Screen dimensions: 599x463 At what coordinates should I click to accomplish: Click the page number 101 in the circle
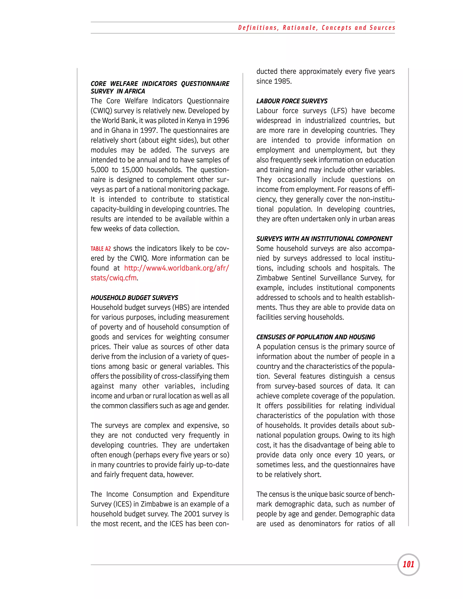(x=408, y=564)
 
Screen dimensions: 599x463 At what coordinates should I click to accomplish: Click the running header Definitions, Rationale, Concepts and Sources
(x=317, y=28)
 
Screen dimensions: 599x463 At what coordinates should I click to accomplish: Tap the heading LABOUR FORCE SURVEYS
(x=292, y=101)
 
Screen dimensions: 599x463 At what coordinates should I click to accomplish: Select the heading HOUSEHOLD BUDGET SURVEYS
(x=135, y=298)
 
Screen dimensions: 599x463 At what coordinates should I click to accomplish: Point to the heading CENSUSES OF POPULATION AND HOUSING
(x=316, y=337)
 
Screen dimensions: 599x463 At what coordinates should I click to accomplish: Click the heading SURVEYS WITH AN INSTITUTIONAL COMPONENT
(x=324, y=239)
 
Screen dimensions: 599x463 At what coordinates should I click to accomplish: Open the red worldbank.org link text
(x=176, y=268)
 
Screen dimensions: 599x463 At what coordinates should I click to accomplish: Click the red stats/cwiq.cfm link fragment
(x=113, y=278)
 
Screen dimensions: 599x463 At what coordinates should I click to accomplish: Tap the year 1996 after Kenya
(x=221, y=121)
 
